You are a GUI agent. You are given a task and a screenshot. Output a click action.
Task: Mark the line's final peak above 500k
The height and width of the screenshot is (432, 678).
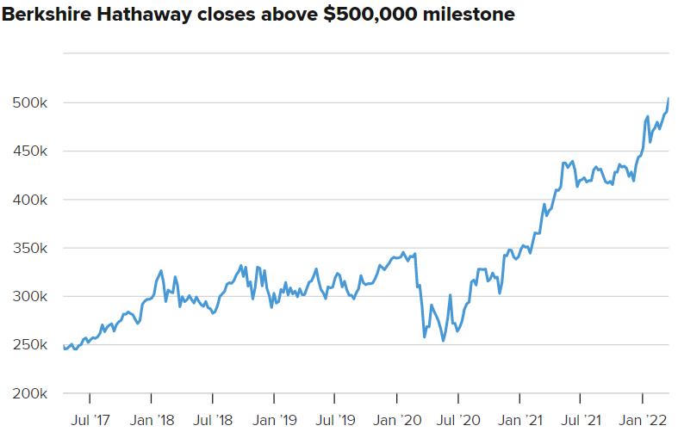click(x=669, y=99)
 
